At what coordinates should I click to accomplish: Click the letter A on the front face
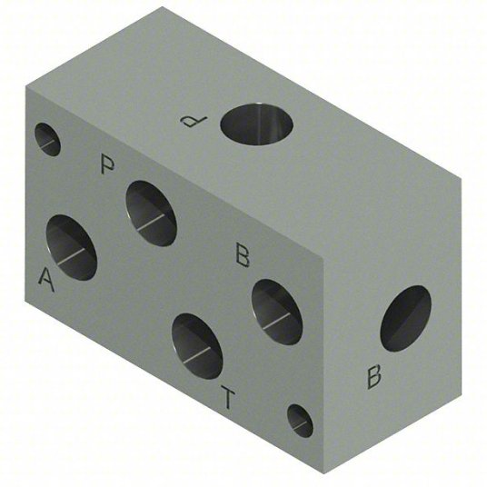tap(46, 280)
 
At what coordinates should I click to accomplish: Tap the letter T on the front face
tap(228, 397)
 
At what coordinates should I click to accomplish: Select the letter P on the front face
tap(108, 164)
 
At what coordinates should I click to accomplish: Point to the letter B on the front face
tap(243, 255)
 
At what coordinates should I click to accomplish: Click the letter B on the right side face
tap(374, 377)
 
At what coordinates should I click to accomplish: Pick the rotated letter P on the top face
tap(194, 122)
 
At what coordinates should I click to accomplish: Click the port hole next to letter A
tap(72, 247)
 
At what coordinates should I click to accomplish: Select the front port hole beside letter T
tap(197, 346)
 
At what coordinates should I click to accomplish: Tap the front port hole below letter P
tap(151, 214)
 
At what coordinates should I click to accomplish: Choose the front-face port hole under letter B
tap(276, 313)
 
